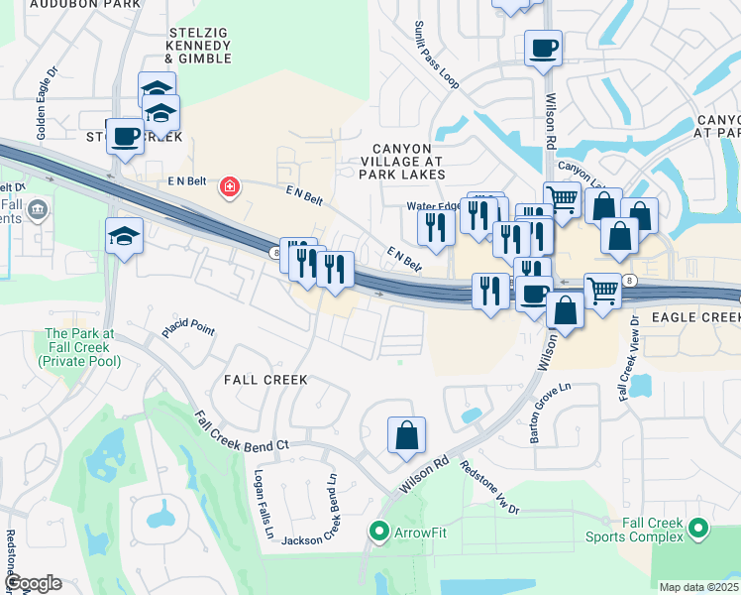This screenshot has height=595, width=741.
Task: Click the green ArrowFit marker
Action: tap(378, 533)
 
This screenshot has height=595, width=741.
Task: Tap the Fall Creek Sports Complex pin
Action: tap(699, 529)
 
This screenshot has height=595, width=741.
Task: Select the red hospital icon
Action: tap(230, 186)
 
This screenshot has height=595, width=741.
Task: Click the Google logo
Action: tap(32, 583)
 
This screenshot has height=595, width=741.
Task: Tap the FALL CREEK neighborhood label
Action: tap(265, 380)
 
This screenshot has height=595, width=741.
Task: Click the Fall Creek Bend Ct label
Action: tap(241, 433)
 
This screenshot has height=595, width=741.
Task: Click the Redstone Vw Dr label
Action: tap(490, 486)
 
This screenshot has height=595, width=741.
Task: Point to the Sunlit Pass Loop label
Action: tap(436, 59)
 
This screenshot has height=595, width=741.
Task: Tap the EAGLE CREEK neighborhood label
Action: tap(692, 317)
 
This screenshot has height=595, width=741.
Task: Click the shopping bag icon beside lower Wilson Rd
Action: tap(406, 436)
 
